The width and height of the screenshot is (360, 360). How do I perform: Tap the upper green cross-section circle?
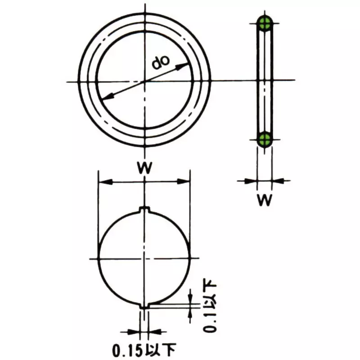coord(265,23)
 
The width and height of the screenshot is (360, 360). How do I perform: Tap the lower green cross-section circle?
coord(265,139)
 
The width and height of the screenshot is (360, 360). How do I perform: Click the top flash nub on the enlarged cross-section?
coord(144,210)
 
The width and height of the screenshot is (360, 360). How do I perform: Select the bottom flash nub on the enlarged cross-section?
coord(144,306)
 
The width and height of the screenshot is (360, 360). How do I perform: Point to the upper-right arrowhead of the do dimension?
coord(184,66)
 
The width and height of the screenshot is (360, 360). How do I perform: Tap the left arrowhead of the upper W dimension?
coord(103,181)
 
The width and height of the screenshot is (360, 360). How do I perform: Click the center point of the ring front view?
coord(144,81)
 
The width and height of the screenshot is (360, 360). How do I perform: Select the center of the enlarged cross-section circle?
coord(144,259)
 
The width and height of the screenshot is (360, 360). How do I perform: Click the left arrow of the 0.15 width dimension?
coord(135,333)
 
